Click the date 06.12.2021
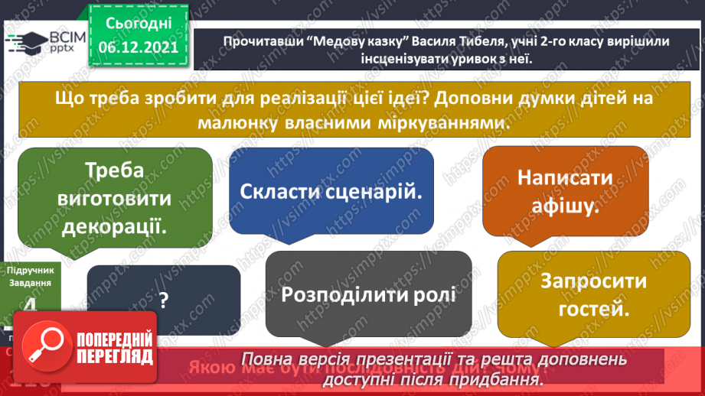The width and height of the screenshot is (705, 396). tap(139, 47)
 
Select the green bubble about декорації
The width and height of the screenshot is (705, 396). tap(114, 196)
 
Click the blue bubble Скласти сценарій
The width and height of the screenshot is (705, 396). tap(331, 191)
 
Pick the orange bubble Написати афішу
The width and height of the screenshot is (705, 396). tap(564, 191)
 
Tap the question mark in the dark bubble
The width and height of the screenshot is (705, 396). tap(163, 301)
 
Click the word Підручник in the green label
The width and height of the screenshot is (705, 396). tap(29, 271)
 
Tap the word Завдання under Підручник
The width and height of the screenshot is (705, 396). tap(29, 282)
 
